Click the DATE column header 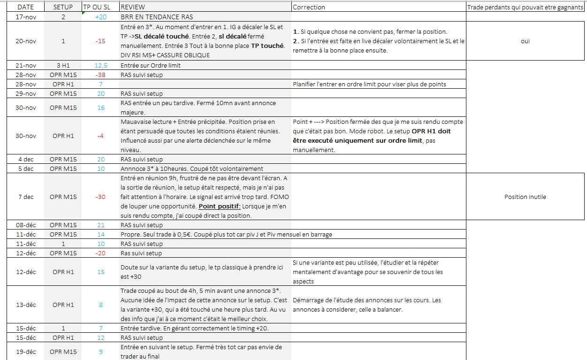[x=26, y=7]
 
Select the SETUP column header [x=63, y=7]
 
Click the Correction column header [x=309, y=7]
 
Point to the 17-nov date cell [x=26, y=17]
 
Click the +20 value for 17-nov [x=100, y=17]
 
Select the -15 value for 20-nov [x=100, y=41]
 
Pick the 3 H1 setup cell [x=63, y=65]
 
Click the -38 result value [x=100, y=75]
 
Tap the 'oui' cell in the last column [x=525, y=41]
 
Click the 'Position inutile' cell [x=525, y=197]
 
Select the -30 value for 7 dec [x=100, y=197]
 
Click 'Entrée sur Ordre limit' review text [x=151, y=65]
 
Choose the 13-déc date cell [x=26, y=305]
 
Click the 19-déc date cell [x=26, y=352]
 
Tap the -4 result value [x=100, y=136]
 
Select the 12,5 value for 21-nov [x=100, y=65]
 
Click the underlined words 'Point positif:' [x=219, y=206]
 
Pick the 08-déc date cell [x=26, y=225]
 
